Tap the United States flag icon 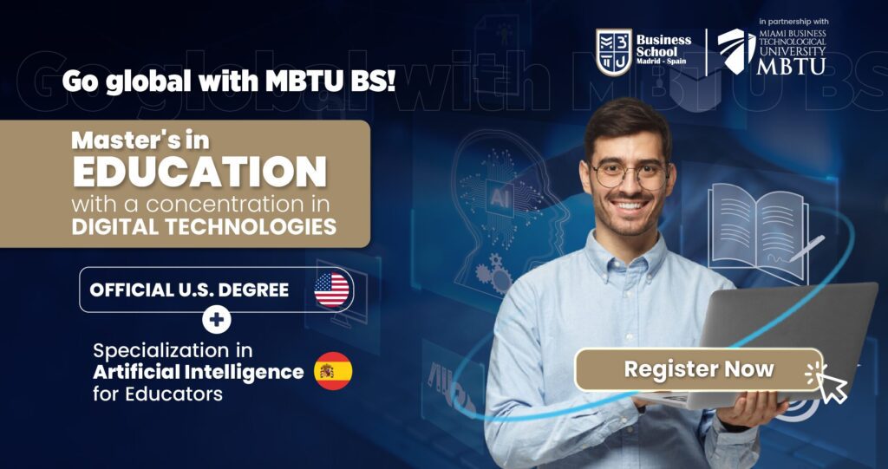[x=332, y=290]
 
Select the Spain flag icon [x=333, y=371]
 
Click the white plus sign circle [x=217, y=320]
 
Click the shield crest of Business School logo [x=613, y=52]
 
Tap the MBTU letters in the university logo [x=791, y=66]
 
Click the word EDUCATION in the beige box [x=199, y=172]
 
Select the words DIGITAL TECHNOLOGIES [x=204, y=226]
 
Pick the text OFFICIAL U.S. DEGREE [x=189, y=290]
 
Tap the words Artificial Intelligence [x=199, y=372]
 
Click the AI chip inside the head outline [x=499, y=199]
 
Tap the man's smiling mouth [x=630, y=205]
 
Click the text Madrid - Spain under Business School [x=662, y=62]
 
